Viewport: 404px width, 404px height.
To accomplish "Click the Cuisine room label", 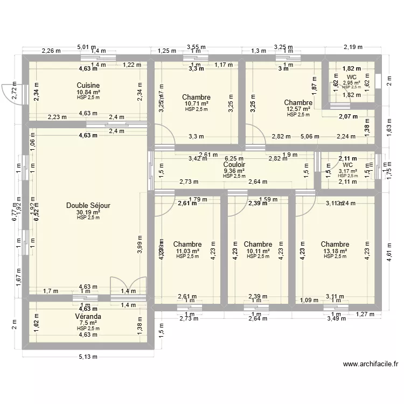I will point(87,85).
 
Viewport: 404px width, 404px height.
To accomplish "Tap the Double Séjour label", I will point(88,205).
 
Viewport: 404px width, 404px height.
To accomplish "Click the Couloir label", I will point(234,165).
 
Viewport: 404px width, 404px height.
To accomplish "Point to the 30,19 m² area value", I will point(88,212).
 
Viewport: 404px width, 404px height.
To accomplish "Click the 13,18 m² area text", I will point(335,251).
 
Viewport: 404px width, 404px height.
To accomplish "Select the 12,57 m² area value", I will point(298,109).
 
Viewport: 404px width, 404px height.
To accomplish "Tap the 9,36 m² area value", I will point(234,171).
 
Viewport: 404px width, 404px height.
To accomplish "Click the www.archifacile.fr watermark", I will point(371,364).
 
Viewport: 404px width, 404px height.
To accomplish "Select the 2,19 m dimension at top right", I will point(353,47).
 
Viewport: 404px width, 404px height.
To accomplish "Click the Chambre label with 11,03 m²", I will point(187,245).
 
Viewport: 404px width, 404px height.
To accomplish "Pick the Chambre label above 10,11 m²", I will point(258,245).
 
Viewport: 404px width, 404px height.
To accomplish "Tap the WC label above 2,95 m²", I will point(351,78).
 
